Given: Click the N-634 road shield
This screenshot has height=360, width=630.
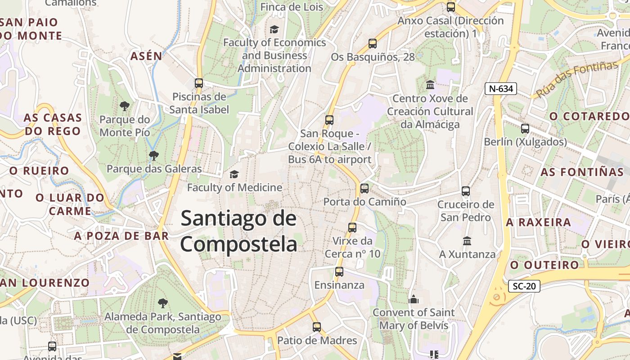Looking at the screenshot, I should [x=500, y=89].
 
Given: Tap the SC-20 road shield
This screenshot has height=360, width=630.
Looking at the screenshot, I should [x=524, y=286].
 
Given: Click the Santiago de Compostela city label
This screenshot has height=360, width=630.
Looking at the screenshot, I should [x=238, y=231].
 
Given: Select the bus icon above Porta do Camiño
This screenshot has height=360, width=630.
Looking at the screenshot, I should [x=364, y=188].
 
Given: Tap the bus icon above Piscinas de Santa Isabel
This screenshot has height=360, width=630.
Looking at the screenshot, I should [x=199, y=83].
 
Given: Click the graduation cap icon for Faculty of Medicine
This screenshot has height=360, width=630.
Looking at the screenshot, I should [x=234, y=174].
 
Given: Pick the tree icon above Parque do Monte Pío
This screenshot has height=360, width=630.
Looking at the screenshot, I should [x=125, y=106].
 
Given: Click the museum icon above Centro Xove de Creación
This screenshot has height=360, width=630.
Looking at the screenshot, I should [x=430, y=85].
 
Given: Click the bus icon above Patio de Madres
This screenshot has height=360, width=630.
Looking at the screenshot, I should [x=317, y=327].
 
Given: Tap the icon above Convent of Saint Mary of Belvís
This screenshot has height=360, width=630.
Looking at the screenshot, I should [x=414, y=299].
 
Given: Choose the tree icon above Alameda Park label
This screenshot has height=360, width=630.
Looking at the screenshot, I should [x=162, y=303].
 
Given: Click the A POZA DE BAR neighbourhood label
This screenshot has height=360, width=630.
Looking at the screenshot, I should [x=121, y=236].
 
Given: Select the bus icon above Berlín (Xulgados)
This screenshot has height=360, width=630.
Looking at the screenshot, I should [x=525, y=129].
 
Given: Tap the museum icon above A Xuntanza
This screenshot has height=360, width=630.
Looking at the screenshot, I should [x=467, y=241].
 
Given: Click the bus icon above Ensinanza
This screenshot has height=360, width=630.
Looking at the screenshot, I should [x=339, y=272].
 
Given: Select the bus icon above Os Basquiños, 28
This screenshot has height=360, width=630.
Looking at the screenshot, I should [x=373, y=44].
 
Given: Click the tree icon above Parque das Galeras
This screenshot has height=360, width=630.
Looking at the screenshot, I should [x=154, y=156].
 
